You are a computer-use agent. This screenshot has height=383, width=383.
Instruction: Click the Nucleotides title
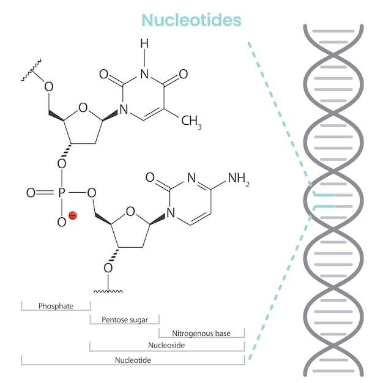point(191,20)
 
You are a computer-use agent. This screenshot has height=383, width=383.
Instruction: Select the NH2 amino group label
point(239,179)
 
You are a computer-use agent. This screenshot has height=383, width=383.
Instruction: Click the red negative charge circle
point(72,215)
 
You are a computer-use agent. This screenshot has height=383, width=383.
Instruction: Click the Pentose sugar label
point(124,319)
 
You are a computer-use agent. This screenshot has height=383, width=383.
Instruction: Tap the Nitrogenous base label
point(201,333)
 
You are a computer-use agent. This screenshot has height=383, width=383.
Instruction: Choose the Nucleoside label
point(166,346)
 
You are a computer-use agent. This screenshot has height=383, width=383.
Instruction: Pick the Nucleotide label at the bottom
point(133,360)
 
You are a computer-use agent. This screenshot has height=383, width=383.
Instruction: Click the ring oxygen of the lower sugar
point(130,212)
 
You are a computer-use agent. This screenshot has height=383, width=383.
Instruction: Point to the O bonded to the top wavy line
point(49,85)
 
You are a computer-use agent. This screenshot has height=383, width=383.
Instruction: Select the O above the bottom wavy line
point(108,267)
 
